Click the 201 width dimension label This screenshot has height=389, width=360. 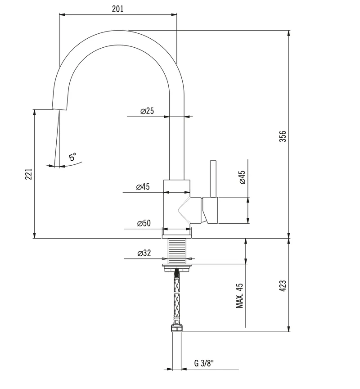pyautogui.click(x=117, y=9)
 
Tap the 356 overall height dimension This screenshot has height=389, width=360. pyautogui.click(x=283, y=136)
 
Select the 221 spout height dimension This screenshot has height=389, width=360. pyautogui.click(x=28, y=174)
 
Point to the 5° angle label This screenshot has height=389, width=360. pyautogui.click(x=72, y=157)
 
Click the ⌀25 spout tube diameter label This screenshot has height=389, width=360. pyautogui.click(x=147, y=111)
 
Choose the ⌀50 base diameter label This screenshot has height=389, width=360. pyautogui.click(x=144, y=223)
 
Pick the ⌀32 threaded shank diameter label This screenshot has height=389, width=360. pyautogui.click(x=144, y=253)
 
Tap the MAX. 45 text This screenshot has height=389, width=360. pyautogui.click(x=239, y=296)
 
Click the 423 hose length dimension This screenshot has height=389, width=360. pyautogui.click(x=283, y=285)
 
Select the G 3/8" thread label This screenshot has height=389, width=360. pyautogui.click(x=204, y=363)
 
